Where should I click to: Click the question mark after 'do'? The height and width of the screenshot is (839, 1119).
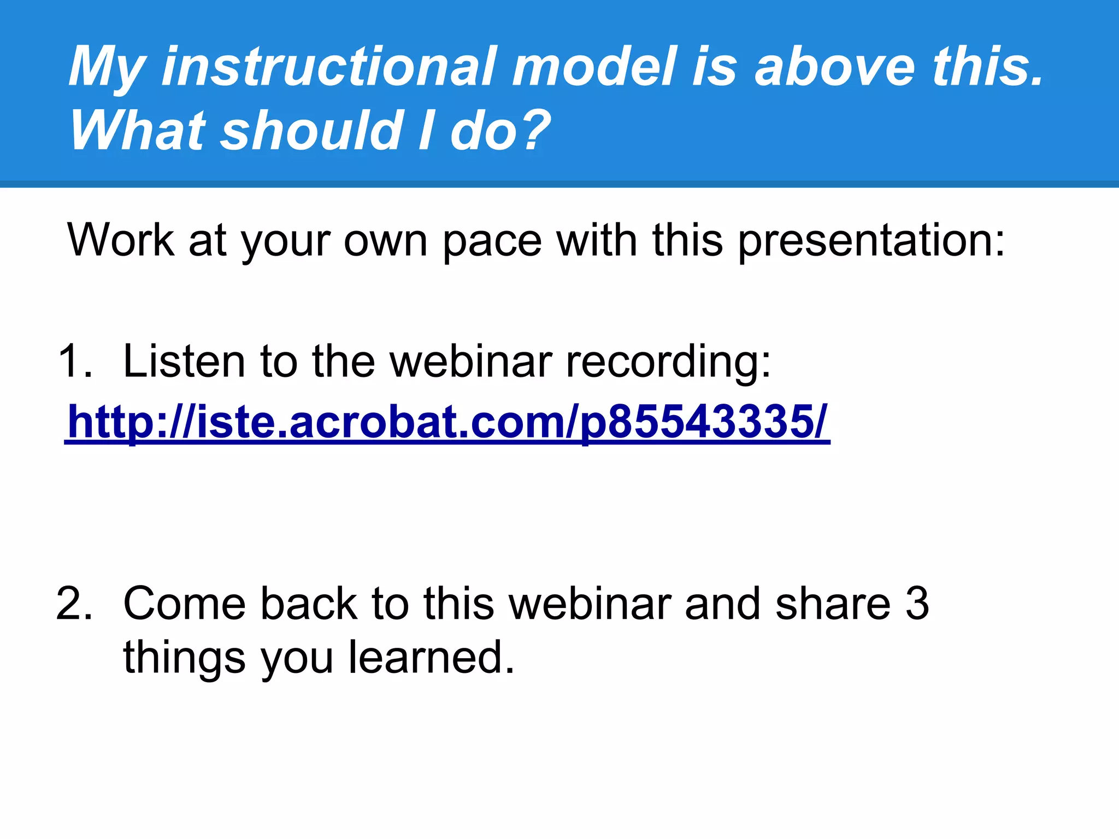[533, 131]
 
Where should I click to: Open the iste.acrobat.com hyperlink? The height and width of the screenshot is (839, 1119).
[447, 422]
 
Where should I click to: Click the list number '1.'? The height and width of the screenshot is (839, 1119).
[75, 361]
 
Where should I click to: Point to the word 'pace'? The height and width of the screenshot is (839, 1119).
[491, 241]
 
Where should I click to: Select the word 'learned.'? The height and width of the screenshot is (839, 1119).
[432, 657]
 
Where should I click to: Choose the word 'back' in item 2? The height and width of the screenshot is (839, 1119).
[308, 604]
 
